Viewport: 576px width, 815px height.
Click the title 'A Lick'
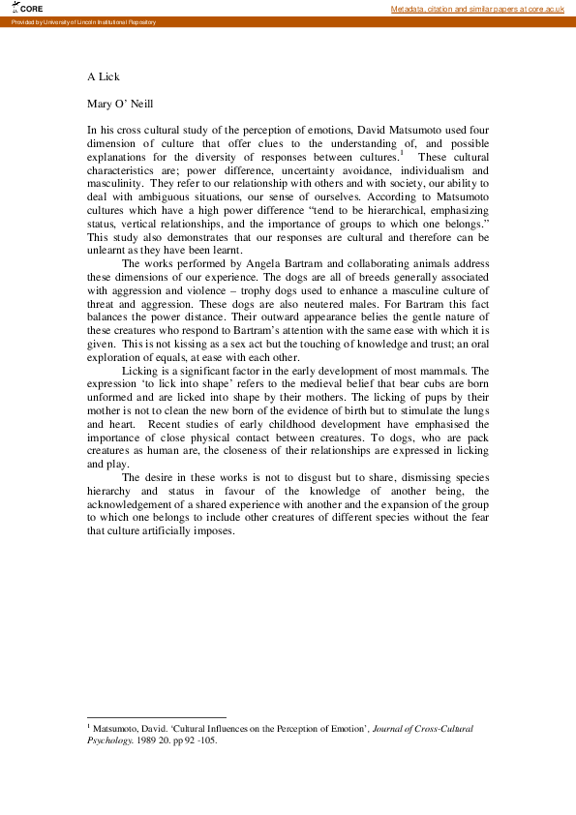pos(104,76)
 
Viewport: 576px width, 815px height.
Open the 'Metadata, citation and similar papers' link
pos(477,9)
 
